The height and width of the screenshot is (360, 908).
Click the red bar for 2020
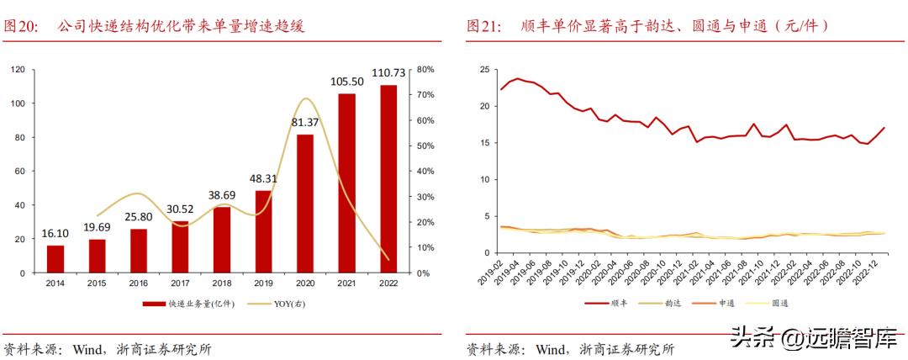tap(305, 204)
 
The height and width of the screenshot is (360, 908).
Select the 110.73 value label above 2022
tap(388, 75)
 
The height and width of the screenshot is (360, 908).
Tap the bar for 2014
tap(55, 259)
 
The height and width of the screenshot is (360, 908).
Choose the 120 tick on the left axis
tap(16, 69)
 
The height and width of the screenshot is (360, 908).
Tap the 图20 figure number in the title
tap(23, 27)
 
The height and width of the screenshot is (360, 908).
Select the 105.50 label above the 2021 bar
tap(346, 81)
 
